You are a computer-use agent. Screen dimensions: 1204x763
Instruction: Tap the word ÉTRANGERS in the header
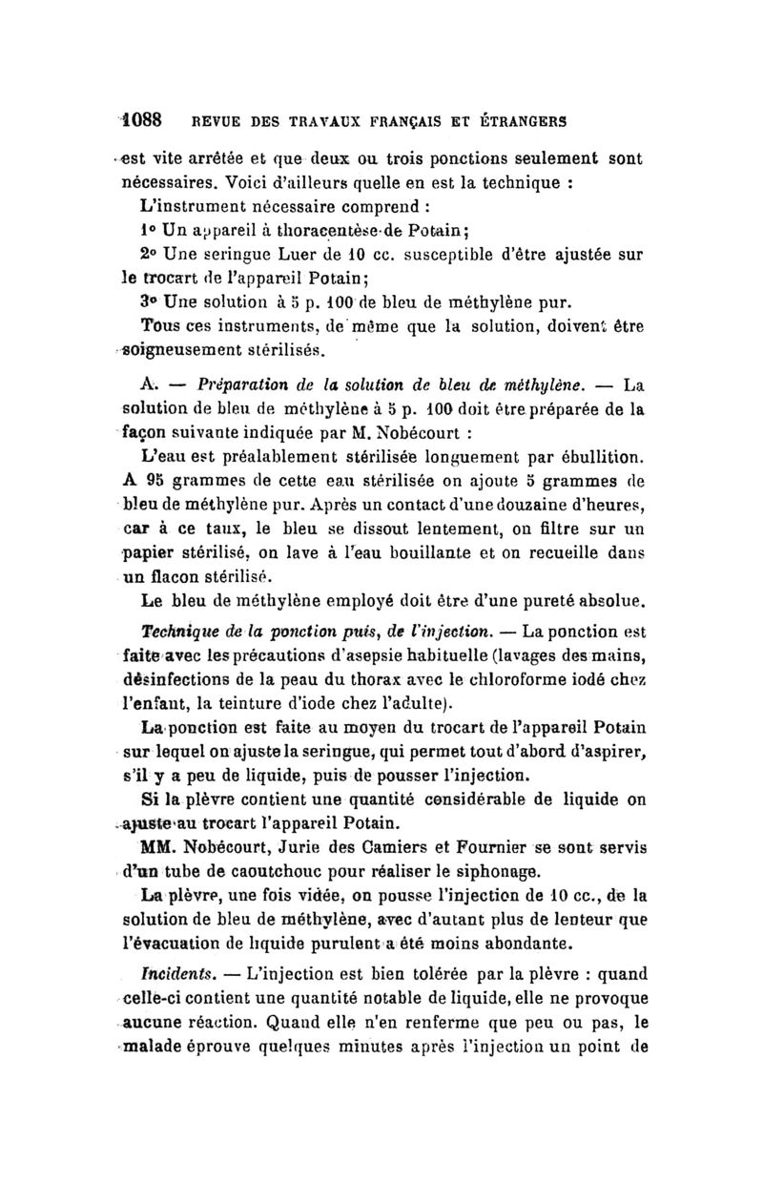523,122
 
